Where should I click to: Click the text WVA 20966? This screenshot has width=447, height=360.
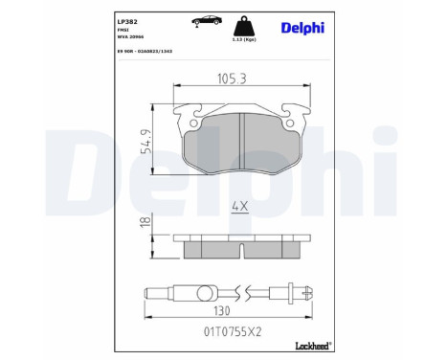click(129, 36)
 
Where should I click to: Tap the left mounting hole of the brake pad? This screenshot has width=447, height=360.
click(194, 122)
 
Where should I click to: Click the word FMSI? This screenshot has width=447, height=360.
click(123, 29)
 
